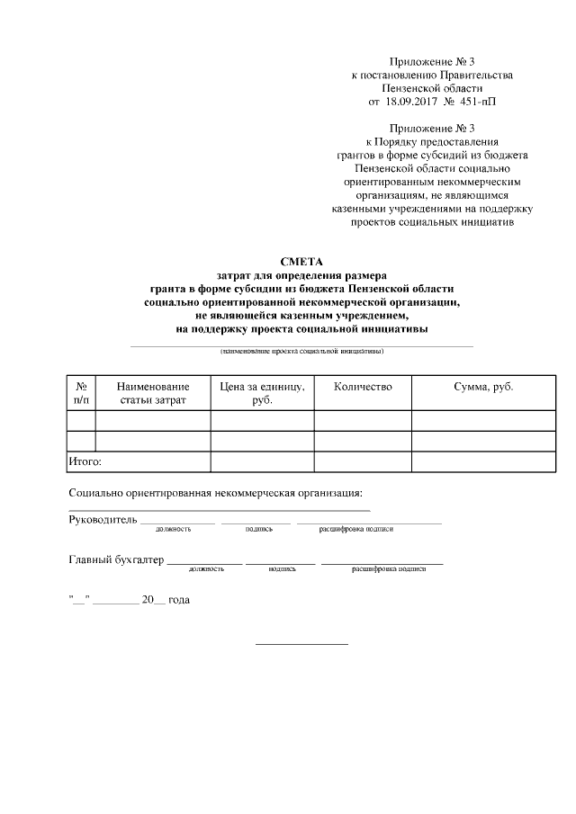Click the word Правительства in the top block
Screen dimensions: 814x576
476,76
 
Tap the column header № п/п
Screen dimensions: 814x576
81,393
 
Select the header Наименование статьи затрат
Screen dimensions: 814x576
153,393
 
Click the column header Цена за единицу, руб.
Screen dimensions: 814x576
262,393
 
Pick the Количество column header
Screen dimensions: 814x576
363,387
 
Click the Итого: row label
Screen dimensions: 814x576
85,461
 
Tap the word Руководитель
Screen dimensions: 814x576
103,519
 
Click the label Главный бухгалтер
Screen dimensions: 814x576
116,560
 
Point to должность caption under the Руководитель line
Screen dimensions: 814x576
173,529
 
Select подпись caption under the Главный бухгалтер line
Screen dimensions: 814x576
282,569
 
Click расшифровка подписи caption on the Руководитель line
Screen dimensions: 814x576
356,529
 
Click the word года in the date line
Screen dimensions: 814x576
179,600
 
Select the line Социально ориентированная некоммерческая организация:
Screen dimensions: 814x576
216,493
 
